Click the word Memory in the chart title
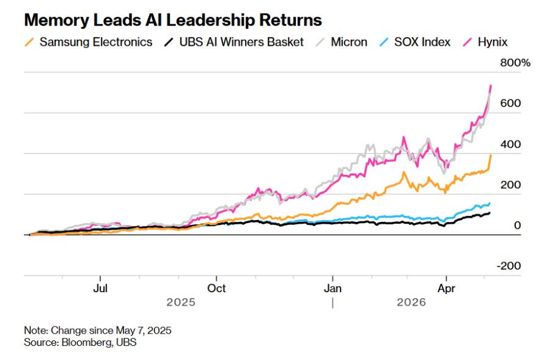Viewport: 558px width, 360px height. (56, 21)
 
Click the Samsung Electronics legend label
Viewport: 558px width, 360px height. (96, 42)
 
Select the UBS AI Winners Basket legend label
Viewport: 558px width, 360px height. (241, 42)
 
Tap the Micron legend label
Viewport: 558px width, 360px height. (349, 42)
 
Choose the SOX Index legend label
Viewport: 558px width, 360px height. (422, 42)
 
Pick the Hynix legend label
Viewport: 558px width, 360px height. (493, 42)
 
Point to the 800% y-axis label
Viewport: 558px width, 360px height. (515, 63)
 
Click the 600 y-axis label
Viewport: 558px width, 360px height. (510, 103)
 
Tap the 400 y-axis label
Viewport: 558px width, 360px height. (510, 144)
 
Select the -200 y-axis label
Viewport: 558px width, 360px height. (509, 266)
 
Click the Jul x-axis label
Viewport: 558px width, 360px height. (100, 288)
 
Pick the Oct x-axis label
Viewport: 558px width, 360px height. (216, 288)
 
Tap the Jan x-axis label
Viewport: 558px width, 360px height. (332, 288)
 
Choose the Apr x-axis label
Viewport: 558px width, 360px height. (446, 288)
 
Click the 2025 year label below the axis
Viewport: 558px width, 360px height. (181, 303)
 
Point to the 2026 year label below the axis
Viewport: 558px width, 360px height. (411, 303)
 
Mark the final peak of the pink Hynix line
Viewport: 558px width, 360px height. (491, 86)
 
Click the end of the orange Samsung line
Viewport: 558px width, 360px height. (491, 155)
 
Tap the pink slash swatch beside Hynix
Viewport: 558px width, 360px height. (468, 42)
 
